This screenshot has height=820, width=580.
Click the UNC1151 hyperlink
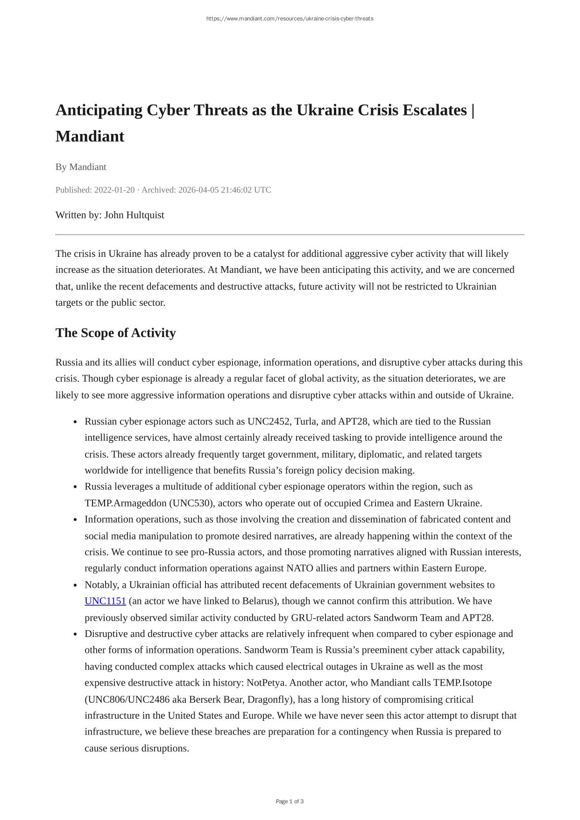[105, 601]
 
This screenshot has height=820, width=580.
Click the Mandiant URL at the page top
[290, 19]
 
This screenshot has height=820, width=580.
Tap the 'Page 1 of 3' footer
[290, 801]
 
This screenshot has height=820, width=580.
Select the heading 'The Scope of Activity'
[115, 333]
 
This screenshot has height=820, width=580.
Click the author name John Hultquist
[134, 215]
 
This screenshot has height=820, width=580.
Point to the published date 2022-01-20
[114, 190]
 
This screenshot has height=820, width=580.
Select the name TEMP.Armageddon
[125, 503]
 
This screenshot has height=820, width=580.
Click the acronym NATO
[299, 568]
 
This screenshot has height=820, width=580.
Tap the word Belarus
[257, 601]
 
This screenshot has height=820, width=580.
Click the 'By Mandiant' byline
[81, 167]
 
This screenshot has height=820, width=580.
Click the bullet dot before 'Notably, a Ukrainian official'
[75, 585]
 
